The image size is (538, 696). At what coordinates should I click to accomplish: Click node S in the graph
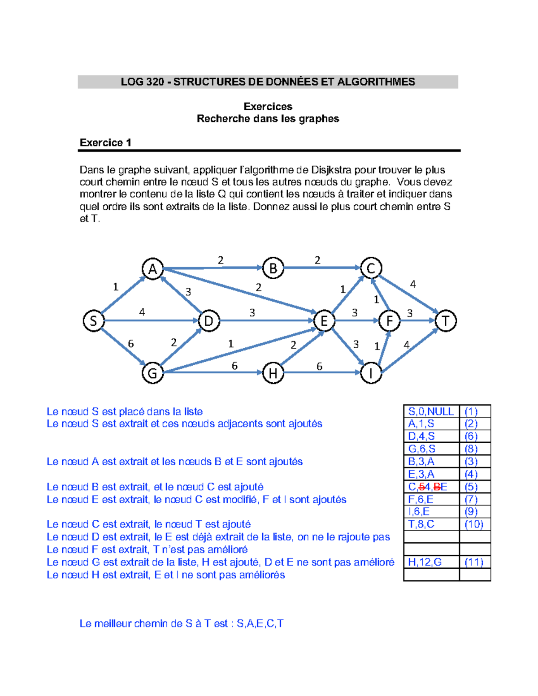tap(93, 321)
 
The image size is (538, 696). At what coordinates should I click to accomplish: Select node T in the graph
tap(446, 321)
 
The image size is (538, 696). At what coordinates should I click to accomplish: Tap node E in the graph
tap(324, 321)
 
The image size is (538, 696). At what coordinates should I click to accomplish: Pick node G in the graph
tap(152, 373)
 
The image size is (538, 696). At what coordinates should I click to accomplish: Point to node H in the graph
tap(273, 373)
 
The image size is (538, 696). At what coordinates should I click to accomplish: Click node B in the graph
tap(273, 268)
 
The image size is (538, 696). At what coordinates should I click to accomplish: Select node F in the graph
tap(389, 321)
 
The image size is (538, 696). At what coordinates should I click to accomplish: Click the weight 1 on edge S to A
tap(116, 287)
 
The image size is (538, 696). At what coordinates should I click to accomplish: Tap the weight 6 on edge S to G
tap(130, 344)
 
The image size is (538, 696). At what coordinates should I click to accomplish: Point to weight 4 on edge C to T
tap(413, 284)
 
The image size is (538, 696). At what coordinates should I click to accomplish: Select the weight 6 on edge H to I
tap(319, 367)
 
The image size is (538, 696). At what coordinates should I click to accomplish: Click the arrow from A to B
tap(213, 268)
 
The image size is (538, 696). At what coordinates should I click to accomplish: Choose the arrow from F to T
tap(417, 321)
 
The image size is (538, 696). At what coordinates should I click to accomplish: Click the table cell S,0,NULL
tap(431, 411)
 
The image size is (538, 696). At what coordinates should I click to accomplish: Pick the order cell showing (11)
tap(474, 562)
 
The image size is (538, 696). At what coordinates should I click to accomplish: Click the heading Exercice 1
tap(105, 143)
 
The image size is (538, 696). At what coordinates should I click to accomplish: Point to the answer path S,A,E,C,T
tap(260, 623)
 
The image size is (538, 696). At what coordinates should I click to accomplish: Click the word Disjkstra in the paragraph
tap(331, 170)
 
